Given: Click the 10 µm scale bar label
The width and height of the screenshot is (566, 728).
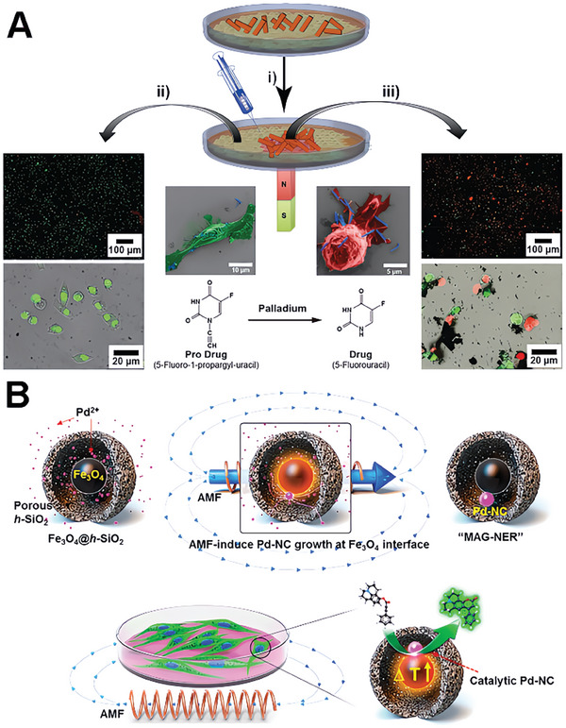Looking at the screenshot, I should click(x=240, y=267).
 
